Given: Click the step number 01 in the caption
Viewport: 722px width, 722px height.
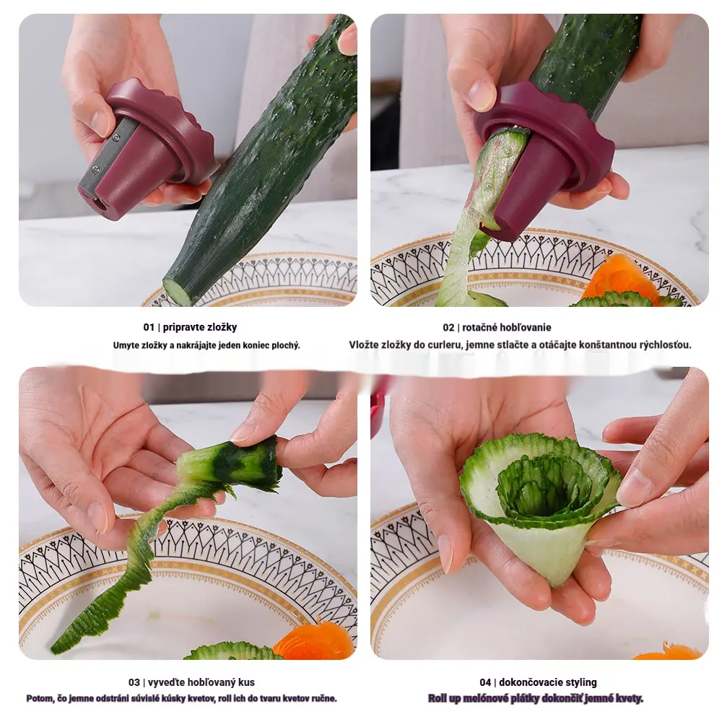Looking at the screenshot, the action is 149,327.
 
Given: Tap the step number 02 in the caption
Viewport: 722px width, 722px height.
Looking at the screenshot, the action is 448,327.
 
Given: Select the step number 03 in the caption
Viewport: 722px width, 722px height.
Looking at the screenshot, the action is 134,682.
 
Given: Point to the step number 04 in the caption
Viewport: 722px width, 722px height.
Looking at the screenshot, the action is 485,682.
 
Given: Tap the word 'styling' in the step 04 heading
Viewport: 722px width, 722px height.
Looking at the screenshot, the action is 581,682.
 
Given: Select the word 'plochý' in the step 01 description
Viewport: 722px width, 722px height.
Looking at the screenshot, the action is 285,345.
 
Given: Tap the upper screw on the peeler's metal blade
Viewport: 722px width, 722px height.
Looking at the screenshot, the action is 116,136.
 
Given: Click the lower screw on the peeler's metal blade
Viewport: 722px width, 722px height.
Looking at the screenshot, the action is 96,170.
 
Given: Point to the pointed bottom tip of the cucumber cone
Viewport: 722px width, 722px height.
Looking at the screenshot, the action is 558,585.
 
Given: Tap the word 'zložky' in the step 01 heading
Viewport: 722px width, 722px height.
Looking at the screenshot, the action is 222,327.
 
